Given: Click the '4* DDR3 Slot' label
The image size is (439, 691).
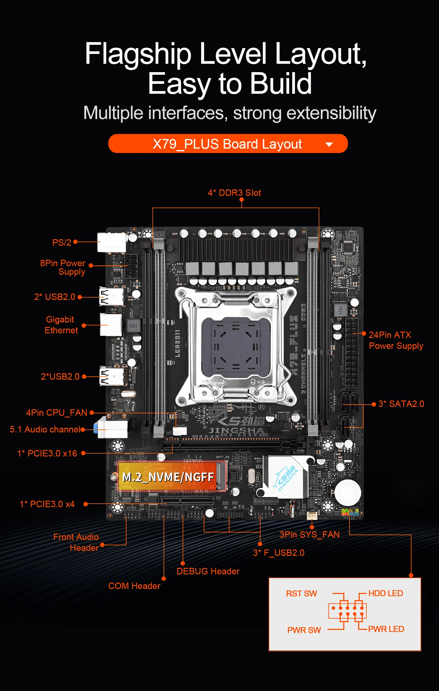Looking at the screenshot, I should (234, 193).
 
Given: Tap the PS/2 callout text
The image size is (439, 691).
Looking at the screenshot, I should (61, 242).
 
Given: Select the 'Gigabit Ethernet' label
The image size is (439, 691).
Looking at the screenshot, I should (61, 325).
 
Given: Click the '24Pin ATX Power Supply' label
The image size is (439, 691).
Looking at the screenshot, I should (396, 340).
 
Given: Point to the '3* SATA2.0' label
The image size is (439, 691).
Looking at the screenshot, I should (401, 404).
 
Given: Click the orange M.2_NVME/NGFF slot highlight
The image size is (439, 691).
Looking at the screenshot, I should (173, 476).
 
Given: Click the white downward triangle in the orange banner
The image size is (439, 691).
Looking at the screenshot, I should (329, 144).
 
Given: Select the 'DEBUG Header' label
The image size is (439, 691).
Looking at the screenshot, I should (208, 571).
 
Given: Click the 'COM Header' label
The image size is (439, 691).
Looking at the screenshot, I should (134, 586).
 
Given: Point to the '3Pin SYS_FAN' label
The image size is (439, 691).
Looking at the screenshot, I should (309, 534).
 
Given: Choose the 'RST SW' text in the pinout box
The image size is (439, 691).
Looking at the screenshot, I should (301, 593).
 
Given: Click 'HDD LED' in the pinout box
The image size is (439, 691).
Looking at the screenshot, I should (385, 593).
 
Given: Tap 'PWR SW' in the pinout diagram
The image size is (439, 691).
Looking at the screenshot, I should (304, 630).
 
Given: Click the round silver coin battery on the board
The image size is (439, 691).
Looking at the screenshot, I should (348, 493).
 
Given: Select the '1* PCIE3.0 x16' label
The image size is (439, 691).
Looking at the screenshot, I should (47, 453).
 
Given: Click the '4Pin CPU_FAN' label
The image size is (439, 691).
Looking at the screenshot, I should (56, 412).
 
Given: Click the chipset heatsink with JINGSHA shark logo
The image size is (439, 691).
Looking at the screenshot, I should (285, 476).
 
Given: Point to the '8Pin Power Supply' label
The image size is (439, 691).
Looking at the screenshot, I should (63, 267).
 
